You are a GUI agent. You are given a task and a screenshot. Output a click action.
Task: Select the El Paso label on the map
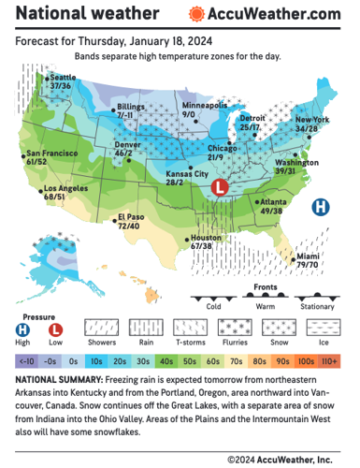[128, 222]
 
